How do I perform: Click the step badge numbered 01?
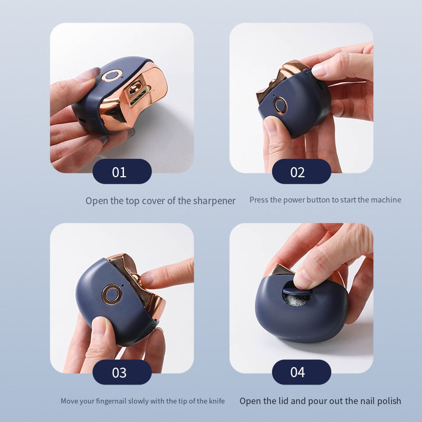122,171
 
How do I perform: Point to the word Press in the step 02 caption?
259,200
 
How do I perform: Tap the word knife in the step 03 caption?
215,401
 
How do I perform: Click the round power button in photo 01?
112,76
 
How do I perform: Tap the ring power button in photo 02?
281,104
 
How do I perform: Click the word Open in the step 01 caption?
97,200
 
